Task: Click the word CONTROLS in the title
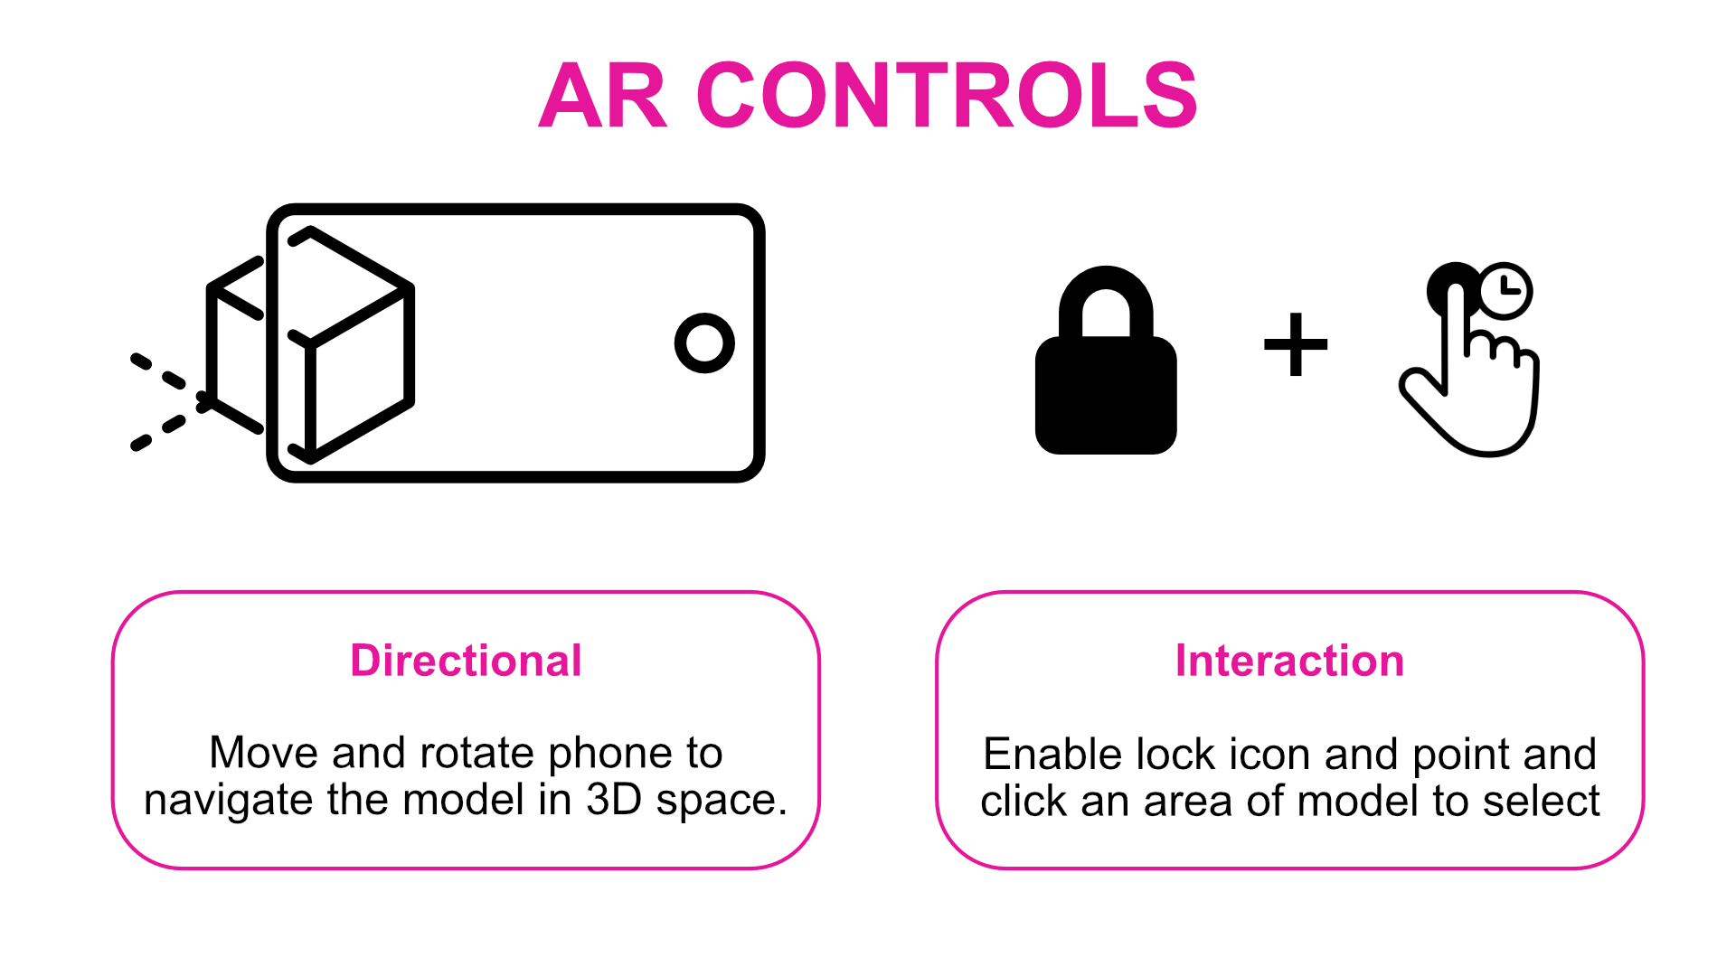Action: pyautogui.click(x=947, y=96)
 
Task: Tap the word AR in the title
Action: pyautogui.click(x=603, y=96)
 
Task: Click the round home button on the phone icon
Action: pyautogui.click(x=704, y=343)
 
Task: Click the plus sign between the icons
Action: pyautogui.click(x=1296, y=343)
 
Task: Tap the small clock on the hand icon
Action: pyautogui.click(x=1505, y=290)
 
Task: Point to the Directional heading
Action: pyautogui.click(x=466, y=661)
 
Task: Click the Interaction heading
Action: pyautogui.click(x=1289, y=661)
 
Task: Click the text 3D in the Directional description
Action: pyautogui.click(x=614, y=800)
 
